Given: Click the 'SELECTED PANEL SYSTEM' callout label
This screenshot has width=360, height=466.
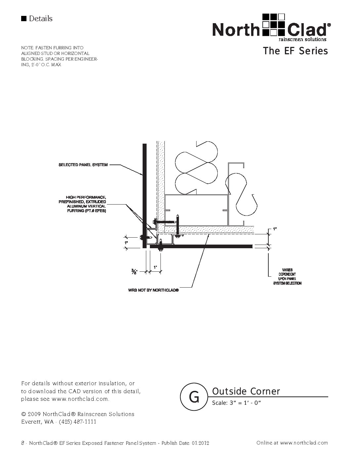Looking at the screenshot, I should (x=83, y=165).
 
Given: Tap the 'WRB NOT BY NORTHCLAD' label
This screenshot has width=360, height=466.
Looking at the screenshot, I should (x=154, y=290).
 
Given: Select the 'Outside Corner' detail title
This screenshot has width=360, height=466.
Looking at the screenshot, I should (x=246, y=392).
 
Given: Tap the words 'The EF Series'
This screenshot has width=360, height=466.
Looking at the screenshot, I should (x=295, y=51).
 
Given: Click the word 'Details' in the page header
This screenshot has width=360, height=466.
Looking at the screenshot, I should (x=41, y=19).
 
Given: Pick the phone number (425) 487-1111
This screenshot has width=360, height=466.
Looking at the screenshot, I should (x=77, y=422).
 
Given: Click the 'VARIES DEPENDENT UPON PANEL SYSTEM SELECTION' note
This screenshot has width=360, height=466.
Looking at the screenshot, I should (x=287, y=277).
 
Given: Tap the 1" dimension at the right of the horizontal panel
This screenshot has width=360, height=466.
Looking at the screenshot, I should (x=275, y=229).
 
